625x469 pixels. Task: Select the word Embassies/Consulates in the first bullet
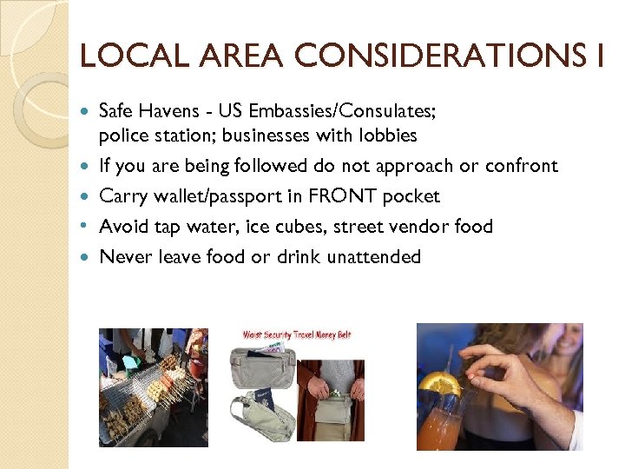[x=331, y=110]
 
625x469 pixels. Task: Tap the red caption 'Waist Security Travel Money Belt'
[x=297, y=334]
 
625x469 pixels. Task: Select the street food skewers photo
[x=154, y=386]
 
